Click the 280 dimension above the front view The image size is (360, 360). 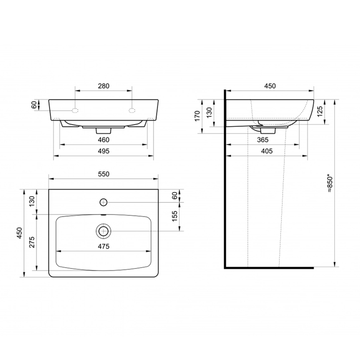pyautogui.click(x=104, y=86)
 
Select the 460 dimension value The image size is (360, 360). pyautogui.click(x=104, y=140)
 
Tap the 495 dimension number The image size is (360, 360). pyautogui.click(x=104, y=151)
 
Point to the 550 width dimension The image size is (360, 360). pyautogui.click(x=104, y=174)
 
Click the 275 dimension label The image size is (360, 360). pyautogui.click(x=32, y=242)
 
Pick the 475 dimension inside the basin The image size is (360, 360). pyautogui.click(x=104, y=246)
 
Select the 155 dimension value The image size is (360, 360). pyautogui.click(x=175, y=216)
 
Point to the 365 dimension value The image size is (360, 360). pyautogui.click(x=263, y=140)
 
